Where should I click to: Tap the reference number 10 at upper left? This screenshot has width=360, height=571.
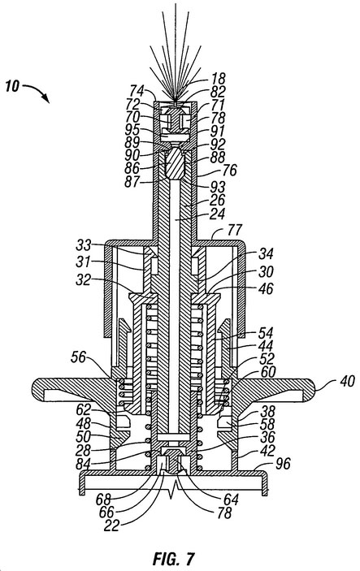[12, 87]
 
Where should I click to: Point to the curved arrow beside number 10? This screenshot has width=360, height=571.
[37, 93]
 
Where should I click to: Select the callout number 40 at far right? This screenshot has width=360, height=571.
[347, 381]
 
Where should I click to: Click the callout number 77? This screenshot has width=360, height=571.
[235, 230]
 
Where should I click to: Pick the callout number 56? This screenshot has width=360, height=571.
[79, 357]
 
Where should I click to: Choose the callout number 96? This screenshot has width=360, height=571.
[283, 463]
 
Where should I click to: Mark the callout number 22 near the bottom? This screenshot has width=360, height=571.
[112, 526]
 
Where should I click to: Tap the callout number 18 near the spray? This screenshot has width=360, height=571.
[218, 79]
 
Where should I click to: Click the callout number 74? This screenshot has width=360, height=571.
[137, 91]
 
